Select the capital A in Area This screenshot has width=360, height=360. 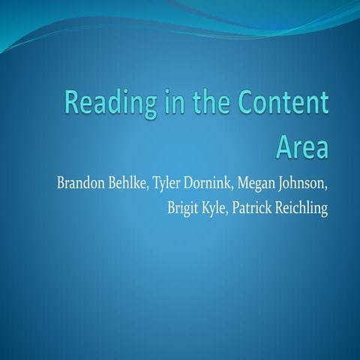[x=283, y=145]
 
